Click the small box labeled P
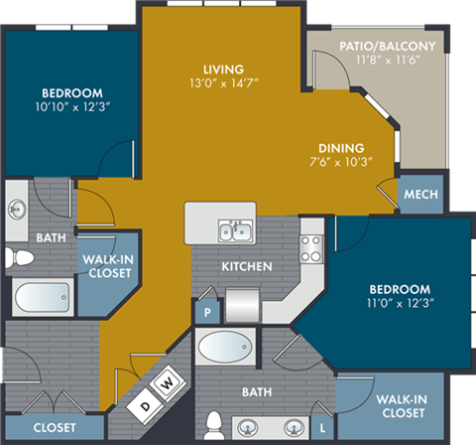pos(208,309)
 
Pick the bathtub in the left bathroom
pos(42,296)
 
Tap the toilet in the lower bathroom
pos(214,424)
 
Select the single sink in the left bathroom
pos(17,209)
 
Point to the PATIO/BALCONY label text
pos(372,46)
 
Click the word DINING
pos(340,148)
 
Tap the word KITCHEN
pos(240,267)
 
